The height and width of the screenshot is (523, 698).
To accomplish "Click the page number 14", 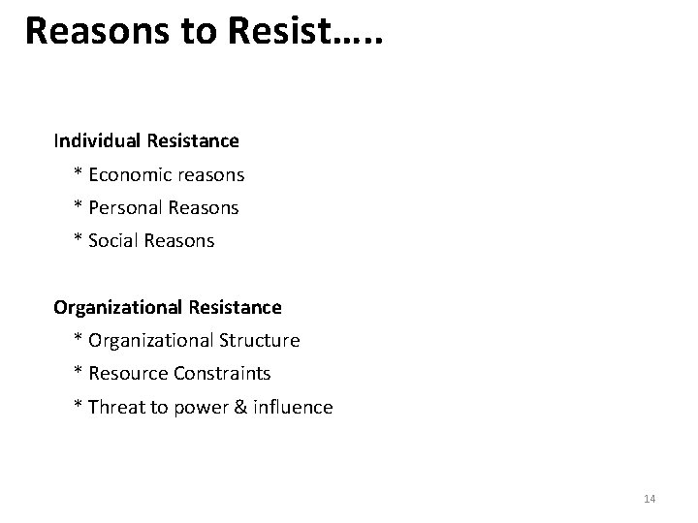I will coord(650,499).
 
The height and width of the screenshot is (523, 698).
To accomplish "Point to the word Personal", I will coord(125,208).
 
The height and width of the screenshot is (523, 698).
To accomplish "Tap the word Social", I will coord(113,241).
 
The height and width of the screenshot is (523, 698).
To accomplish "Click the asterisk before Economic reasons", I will coord(78,174).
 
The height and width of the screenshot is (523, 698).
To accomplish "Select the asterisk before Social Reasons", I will coord(78,240).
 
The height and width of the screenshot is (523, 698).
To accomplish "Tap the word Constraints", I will coord(236,374).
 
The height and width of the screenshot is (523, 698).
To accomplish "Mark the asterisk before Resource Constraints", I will coord(78,373).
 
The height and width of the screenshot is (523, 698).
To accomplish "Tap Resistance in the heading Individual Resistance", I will coord(193,141).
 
